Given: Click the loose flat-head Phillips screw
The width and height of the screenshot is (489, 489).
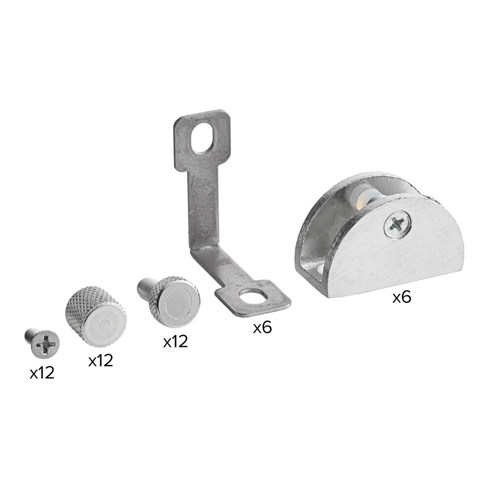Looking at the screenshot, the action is click(43, 344).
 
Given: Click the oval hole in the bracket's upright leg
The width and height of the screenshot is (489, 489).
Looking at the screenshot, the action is click(204, 137).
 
